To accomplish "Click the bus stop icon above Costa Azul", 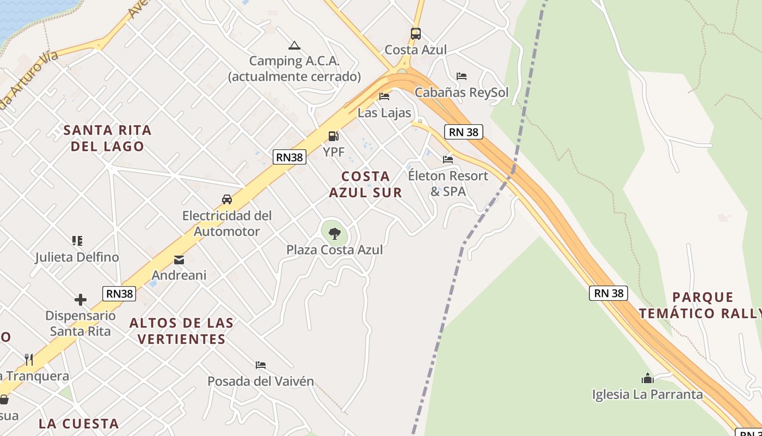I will pos(416,34).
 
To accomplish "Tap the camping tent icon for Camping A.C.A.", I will pos(294,45).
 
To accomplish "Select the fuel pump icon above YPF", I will pos(333,136).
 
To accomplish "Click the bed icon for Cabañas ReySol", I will pos(462,76).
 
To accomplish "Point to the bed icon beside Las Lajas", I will pos(384,97).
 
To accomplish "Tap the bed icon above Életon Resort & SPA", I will pos(448,160).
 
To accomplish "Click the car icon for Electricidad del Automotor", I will pos(227,199).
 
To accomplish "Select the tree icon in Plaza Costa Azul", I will pos(335,234).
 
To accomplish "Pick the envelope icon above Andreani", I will pos(179,260).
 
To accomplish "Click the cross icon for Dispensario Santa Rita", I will pos(81,300).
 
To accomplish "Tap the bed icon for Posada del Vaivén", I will pos(261,365).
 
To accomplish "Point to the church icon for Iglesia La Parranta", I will pos(648,378).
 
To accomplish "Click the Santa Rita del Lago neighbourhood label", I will pos(107,138).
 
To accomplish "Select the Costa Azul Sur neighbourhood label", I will pos(366,184).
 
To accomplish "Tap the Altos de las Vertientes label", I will pos(181,331).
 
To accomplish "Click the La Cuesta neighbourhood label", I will pos(79,423).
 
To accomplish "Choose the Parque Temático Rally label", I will pos(702,305).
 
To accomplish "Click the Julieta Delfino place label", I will pos(77,257).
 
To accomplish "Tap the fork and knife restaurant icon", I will pos(29,359).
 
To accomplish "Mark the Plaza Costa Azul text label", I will pos(335,250).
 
